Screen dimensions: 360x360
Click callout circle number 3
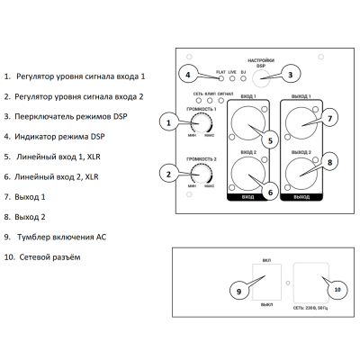[290, 76]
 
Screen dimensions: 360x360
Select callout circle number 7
[329, 118]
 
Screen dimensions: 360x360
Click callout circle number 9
[238, 291]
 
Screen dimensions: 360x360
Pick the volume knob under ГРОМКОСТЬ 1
[196, 124]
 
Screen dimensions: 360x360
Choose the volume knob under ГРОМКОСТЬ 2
[196, 175]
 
